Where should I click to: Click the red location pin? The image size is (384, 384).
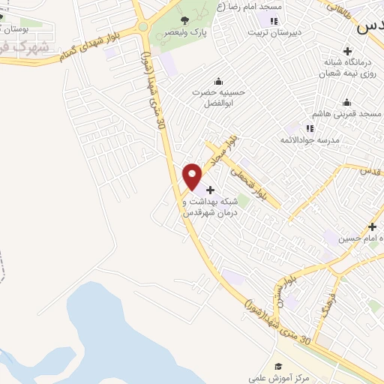(193, 176)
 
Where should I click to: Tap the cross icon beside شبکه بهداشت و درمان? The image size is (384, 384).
(210, 190)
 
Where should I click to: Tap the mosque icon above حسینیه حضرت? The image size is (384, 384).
(218, 82)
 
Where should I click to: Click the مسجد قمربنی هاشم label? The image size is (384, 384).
(346, 113)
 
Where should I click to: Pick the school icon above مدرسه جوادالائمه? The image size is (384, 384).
(310, 128)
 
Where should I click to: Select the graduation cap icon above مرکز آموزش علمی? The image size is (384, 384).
(278, 367)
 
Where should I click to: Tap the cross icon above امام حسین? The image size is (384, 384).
(372, 226)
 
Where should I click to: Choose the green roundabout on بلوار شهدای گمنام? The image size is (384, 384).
(142, 27)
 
